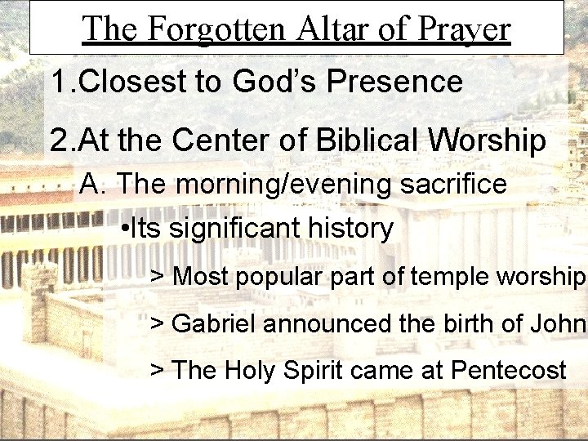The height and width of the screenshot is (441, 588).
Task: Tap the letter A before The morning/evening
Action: [90, 185]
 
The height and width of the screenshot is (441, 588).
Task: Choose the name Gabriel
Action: [215, 324]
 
